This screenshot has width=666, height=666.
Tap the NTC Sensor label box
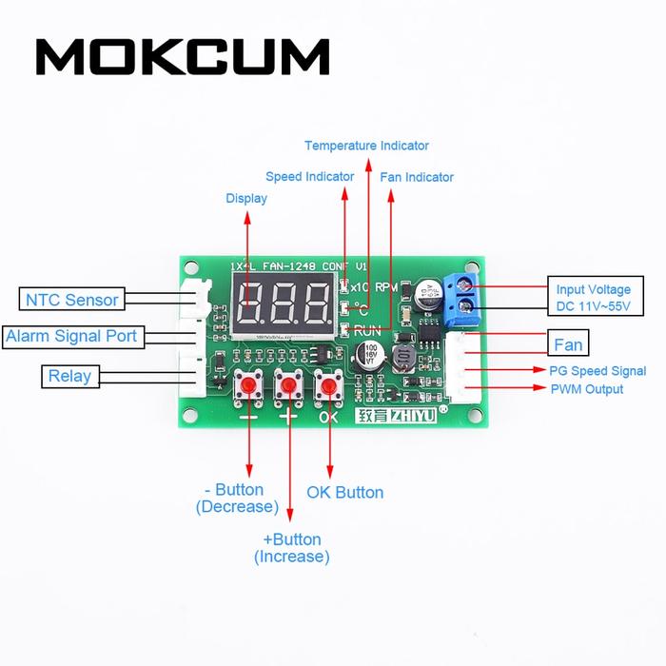click(x=71, y=300)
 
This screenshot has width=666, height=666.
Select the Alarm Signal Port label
click(x=71, y=336)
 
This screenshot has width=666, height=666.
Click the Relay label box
click(x=69, y=376)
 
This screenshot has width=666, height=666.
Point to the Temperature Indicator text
click(x=366, y=146)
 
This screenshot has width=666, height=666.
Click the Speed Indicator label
click(x=309, y=176)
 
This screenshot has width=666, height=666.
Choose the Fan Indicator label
click(x=417, y=177)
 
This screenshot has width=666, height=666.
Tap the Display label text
click(x=246, y=198)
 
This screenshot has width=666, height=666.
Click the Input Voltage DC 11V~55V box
click(x=593, y=298)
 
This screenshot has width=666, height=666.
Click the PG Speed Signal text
click(x=597, y=371)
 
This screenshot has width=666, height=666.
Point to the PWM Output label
click(x=586, y=389)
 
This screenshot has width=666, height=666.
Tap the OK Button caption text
click(x=344, y=492)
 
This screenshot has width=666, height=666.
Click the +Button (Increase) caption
click(x=291, y=548)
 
